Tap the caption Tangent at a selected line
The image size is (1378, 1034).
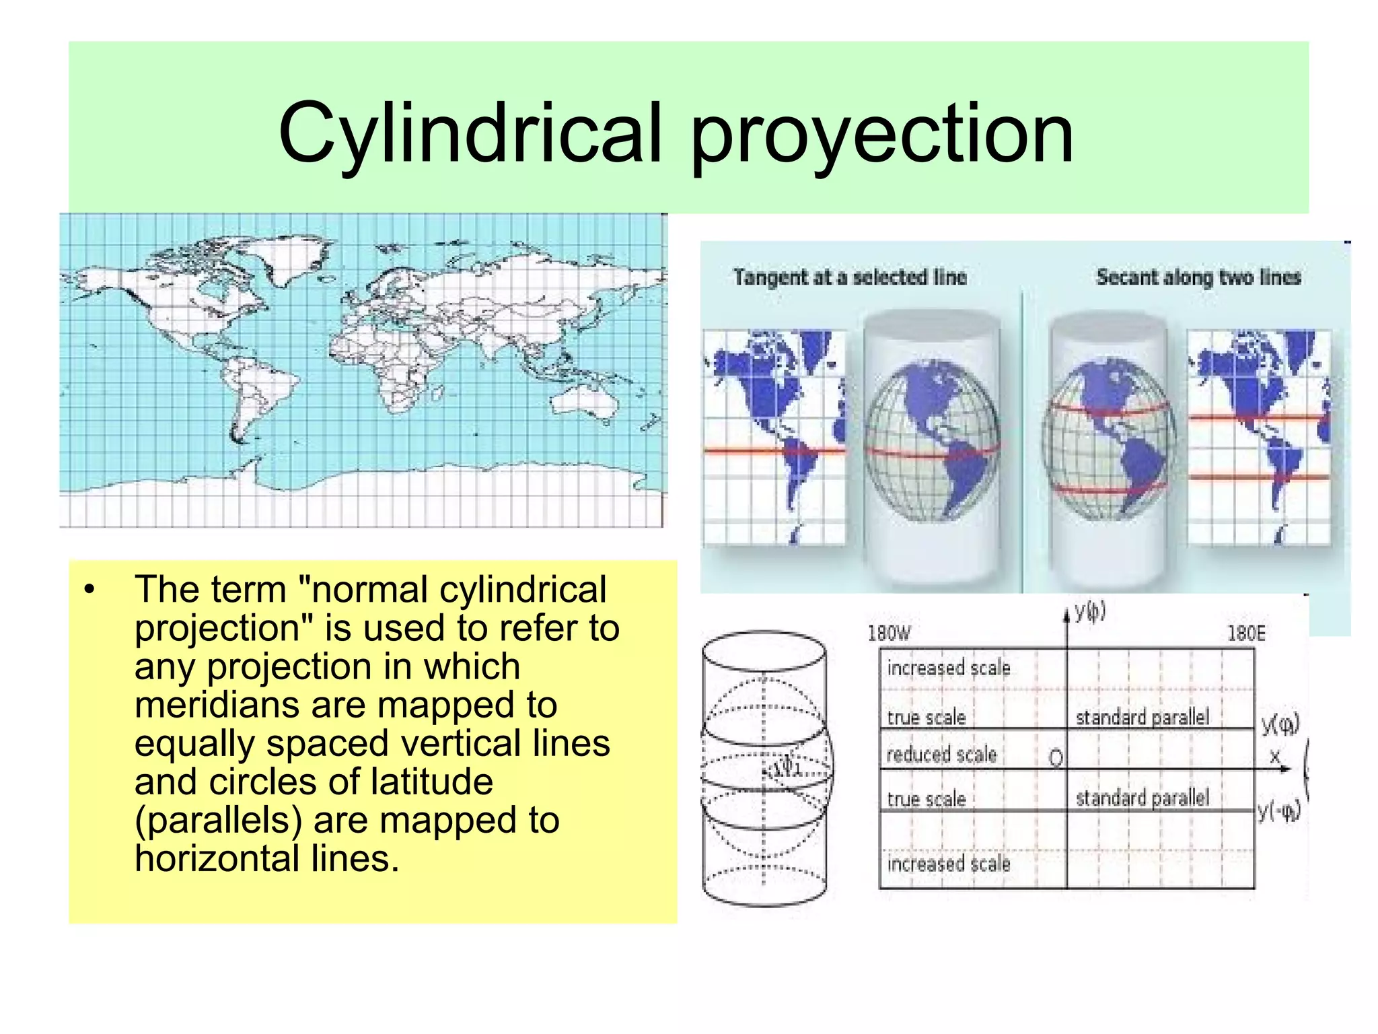click(x=850, y=277)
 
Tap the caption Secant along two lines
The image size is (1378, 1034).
click(x=1198, y=277)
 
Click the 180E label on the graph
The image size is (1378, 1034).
click(x=1246, y=633)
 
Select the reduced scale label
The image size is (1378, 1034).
click(x=941, y=755)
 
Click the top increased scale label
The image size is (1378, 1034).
click(x=949, y=668)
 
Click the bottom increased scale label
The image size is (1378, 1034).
click(x=949, y=864)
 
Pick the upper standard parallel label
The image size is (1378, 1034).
click(x=1142, y=718)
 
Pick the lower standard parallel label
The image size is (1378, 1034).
click(x=1142, y=798)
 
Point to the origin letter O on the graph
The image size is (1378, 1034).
click(x=1056, y=759)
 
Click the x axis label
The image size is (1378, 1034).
click(x=1274, y=757)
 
